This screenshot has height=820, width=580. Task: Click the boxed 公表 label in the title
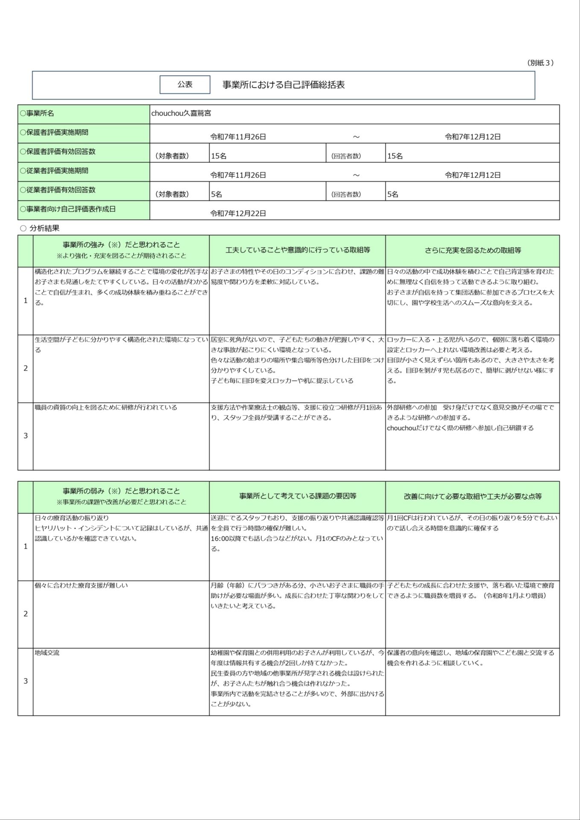185,85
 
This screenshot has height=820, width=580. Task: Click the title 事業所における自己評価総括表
284,85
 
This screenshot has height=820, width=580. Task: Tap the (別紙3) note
540,63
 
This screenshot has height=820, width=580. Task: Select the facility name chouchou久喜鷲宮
181,114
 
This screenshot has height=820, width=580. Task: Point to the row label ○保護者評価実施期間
54,132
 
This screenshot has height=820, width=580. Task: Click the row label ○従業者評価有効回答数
58,190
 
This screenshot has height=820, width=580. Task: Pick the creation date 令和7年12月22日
238,213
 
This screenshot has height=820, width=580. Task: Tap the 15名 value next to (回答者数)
395,156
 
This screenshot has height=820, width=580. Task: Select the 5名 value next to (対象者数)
217,194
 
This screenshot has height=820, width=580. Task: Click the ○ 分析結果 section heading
40,228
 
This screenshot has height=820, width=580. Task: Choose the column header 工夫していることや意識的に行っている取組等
297,250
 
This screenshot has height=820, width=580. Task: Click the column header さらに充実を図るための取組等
472,250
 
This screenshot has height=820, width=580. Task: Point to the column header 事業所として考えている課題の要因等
297,496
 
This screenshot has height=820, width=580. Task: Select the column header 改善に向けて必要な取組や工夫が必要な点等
472,496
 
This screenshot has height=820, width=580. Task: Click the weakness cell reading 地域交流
47,653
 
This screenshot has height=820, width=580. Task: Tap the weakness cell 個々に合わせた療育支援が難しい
81,585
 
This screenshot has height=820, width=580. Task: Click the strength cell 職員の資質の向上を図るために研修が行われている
106,407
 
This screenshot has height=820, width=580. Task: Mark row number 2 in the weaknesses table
25,614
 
